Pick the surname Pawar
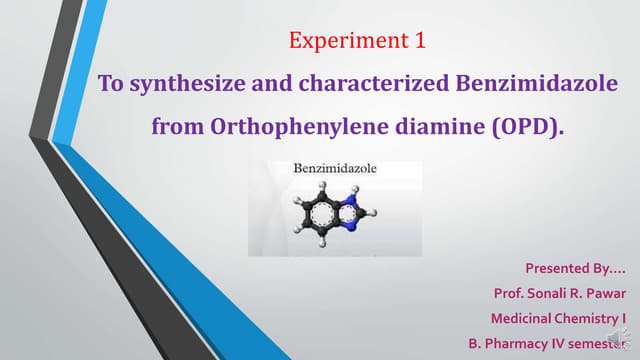[613, 293]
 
